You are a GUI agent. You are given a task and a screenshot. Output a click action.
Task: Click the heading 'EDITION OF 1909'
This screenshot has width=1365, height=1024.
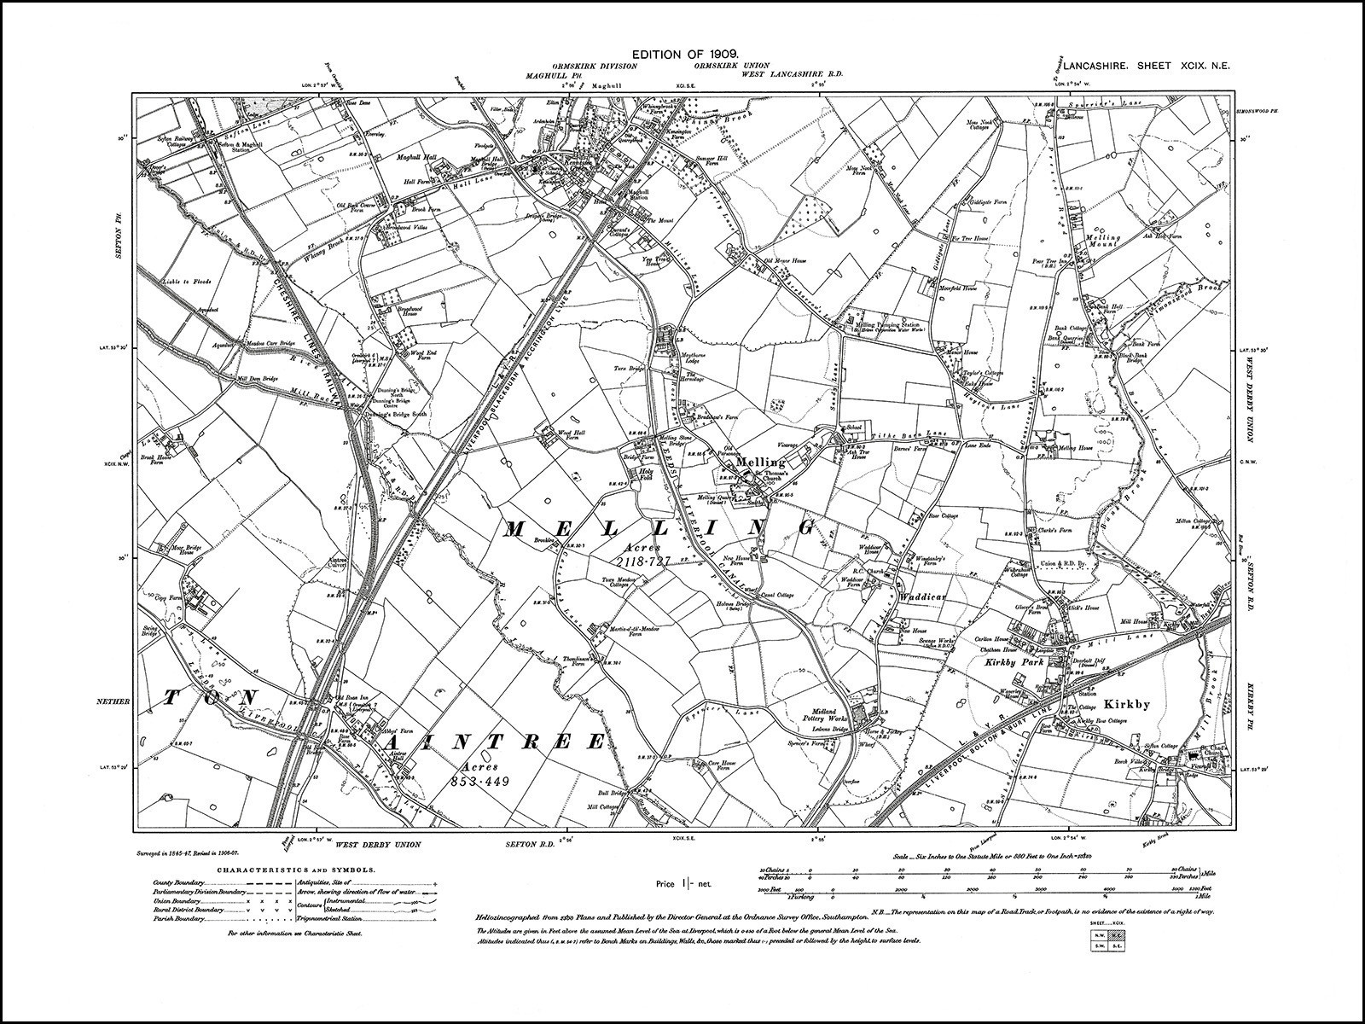(x=682, y=54)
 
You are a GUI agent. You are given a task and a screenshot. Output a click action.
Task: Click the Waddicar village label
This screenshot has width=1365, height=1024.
(x=919, y=598)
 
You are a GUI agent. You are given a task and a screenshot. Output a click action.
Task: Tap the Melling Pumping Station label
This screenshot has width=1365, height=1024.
(x=886, y=325)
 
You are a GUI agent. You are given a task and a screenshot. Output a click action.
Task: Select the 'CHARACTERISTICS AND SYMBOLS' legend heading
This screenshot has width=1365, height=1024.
(x=284, y=869)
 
